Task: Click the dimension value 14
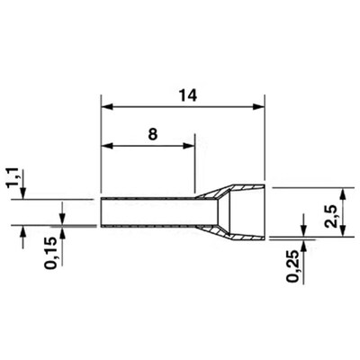(x=188, y=95)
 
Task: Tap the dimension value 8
(x=153, y=135)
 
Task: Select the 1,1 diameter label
(x=13, y=178)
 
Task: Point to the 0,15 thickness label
(x=50, y=253)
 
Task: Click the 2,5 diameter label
(x=332, y=212)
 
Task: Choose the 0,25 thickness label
(x=293, y=265)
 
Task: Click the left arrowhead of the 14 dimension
(x=107, y=106)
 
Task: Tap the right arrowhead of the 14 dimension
(x=258, y=106)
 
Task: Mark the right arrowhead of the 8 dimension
(x=188, y=146)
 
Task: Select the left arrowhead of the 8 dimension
(x=107, y=146)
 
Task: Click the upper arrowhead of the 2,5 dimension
(x=343, y=193)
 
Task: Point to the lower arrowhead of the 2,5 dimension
(x=343, y=231)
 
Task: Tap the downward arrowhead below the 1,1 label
(x=23, y=193)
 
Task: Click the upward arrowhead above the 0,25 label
(x=303, y=246)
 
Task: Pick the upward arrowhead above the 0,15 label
(x=62, y=231)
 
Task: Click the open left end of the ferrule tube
(x=102, y=212)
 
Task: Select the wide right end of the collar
(x=265, y=212)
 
